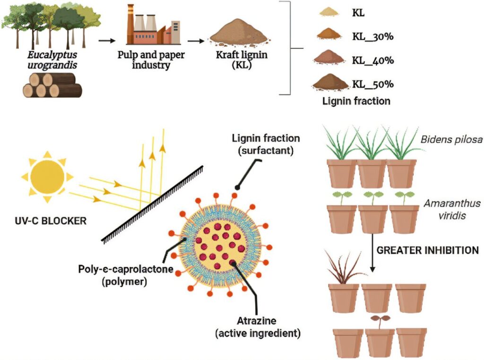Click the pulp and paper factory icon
(x=152, y=26)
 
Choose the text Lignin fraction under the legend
(x=356, y=101)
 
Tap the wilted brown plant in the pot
(x=344, y=269)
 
